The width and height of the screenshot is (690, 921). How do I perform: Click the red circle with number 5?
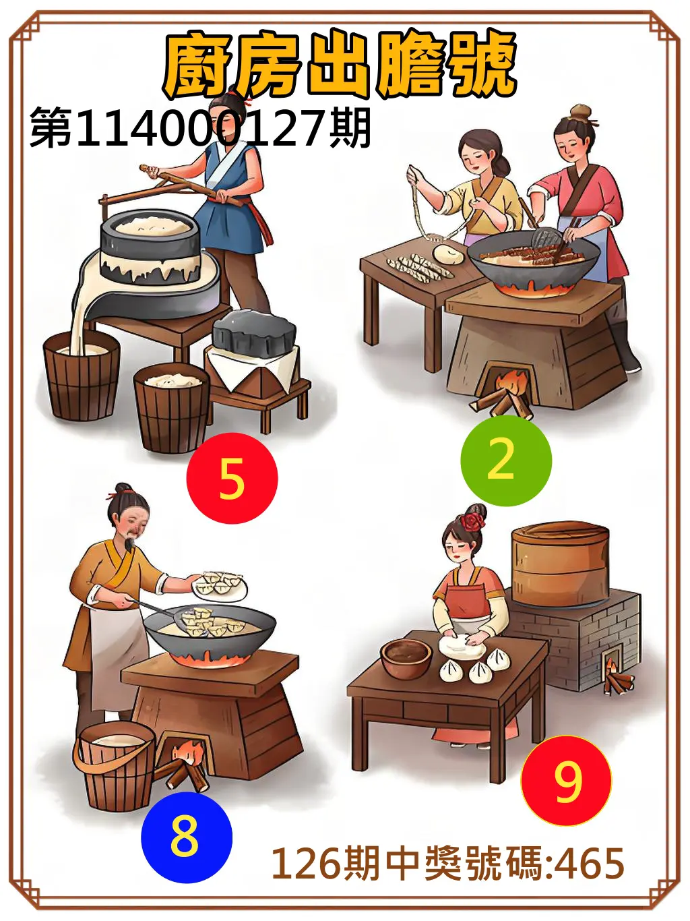[x=232, y=478]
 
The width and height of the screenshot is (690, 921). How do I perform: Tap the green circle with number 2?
[x=505, y=460]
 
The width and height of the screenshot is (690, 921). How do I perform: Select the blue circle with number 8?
[x=186, y=837]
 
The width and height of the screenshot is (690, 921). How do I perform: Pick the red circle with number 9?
[x=566, y=781]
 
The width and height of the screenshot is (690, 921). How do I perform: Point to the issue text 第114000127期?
[x=201, y=128]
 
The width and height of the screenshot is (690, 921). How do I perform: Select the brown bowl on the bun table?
[x=406, y=658]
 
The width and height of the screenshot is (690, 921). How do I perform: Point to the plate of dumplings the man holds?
[x=220, y=585]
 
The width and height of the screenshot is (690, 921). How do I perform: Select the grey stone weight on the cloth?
[x=255, y=332]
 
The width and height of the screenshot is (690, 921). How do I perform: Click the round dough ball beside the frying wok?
[x=447, y=254]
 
